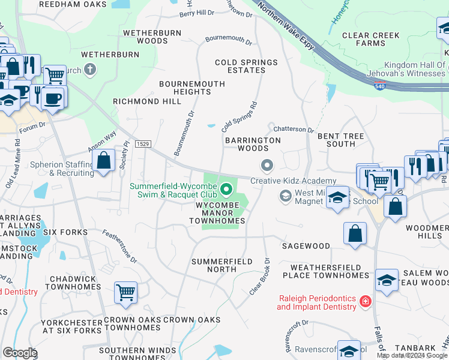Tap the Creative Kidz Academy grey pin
tap(267, 164)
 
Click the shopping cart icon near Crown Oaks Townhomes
tap(126, 292)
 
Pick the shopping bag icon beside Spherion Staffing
tap(104, 160)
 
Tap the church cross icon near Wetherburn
tap(91, 70)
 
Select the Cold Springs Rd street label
tap(239, 116)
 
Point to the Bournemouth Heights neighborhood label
tap(193, 88)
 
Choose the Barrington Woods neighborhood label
tap(253, 144)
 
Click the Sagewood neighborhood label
tap(306, 246)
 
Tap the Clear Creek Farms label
tap(371, 39)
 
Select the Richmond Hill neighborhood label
tap(147, 102)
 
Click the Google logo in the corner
tap(20, 353)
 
